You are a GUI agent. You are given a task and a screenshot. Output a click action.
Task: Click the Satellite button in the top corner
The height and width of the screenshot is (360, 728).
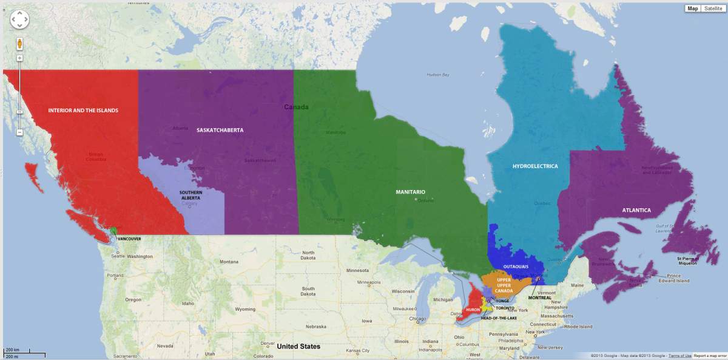(x=713, y=8)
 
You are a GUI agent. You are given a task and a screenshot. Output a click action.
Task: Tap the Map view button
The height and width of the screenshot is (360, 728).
(x=692, y=8)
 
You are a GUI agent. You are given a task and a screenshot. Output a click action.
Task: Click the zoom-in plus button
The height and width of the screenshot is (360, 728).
(x=19, y=58)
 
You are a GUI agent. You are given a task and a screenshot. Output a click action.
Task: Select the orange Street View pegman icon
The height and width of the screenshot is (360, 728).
(x=19, y=44)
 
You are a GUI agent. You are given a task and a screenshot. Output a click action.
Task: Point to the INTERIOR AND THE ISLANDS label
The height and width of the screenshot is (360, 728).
(x=83, y=110)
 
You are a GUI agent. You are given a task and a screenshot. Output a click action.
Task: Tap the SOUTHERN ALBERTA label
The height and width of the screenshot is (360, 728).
(x=190, y=195)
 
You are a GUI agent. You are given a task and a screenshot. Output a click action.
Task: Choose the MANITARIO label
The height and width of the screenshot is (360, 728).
(x=410, y=192)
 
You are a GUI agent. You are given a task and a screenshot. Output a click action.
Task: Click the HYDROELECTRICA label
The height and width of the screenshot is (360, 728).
(x=535, y=166)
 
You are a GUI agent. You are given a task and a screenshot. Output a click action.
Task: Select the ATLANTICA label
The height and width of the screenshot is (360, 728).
(x=636, y=210)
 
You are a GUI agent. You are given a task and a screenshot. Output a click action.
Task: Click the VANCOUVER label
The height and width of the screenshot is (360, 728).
(x=129, y=239)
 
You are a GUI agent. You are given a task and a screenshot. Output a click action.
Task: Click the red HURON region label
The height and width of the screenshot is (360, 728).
(x=473, y=310)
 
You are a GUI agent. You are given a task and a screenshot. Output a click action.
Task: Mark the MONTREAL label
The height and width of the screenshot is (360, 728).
(x=539, y=298)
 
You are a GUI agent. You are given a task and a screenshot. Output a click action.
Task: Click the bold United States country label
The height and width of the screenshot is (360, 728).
(x=298, y=347)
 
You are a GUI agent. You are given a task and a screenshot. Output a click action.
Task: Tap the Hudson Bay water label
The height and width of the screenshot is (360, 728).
(x=437, y=75)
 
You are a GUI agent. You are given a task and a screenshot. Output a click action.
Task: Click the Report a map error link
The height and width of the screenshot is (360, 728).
(x=710, y=356)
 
